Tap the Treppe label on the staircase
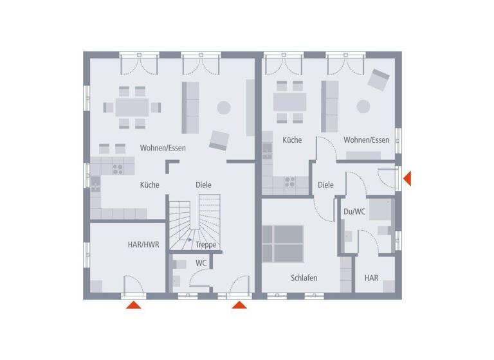click(x=206, y=245)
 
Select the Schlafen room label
click(x=304, y=278)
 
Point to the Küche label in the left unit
click(x=149, y=184)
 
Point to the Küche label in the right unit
click(x=291, y=139)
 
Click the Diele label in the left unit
click(x=203, y=184)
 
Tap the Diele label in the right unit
click(x=325, y=184)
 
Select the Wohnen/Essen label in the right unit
click(x=366, y=139)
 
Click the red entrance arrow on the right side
click(x=407, y=178)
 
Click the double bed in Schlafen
click(x=284, y=243)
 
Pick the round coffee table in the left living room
click(x=223, y=107)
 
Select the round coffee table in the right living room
click(x=364, y=106)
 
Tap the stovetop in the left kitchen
click(x=118, y=168)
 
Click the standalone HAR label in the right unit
click(x=371, y=278)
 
